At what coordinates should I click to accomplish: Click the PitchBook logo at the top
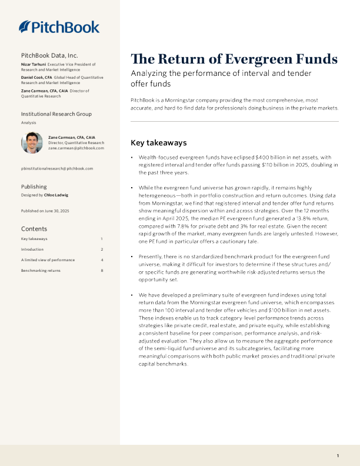tap(59, 27)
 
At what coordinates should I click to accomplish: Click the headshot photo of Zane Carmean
tap(32, 142)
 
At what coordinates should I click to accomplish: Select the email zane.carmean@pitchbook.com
tap(76, 148)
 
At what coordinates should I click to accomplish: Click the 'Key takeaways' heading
tap(158, 142)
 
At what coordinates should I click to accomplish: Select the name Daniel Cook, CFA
tap(39, 77)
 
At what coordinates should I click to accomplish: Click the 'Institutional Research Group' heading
tap(56, 113)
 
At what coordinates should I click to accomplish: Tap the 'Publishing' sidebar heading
tap(34, 187)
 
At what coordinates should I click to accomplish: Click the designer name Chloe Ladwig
tap(56, 194)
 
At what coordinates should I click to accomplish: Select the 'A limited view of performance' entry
tap(48, 260)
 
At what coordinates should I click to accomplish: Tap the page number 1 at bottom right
tap(338, 456)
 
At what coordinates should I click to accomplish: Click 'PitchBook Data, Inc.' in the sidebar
tap(49, 55)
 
